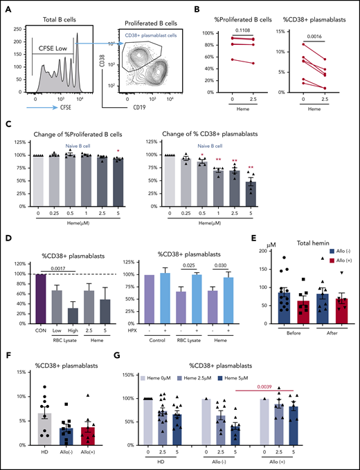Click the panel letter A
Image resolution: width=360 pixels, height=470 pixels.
(x=6, y=6)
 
